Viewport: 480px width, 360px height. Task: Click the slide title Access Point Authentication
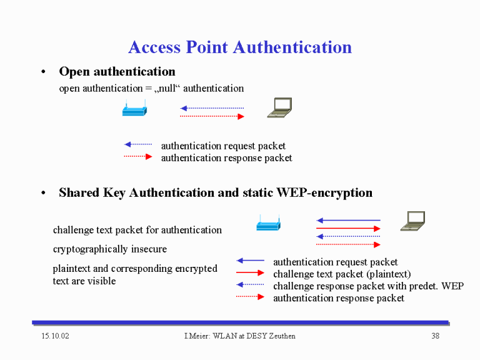pos(240,47)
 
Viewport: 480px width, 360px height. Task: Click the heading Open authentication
pos(117,72)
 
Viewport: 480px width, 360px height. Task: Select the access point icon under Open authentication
pos(135,107)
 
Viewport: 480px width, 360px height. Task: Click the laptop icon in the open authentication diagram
pos(279,107)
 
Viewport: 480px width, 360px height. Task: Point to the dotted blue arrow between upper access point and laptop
pos(212,108)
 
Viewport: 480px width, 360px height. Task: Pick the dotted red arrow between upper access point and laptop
pos(212,116)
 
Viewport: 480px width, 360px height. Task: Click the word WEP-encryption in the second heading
pos(324,193)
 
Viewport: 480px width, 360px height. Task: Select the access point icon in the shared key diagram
pos(269,222)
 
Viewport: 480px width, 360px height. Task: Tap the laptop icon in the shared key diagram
pos(412,221)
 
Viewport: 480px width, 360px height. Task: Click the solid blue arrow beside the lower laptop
pos(348,220)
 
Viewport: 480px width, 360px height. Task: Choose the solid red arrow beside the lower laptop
pos(348,228)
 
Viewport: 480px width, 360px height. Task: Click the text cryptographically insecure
pos(110,249)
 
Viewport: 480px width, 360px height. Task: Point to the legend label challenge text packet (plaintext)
pos(342,274)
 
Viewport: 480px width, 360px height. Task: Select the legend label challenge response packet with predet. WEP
pos(368,286)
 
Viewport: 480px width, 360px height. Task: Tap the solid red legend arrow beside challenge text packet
pos(250,272)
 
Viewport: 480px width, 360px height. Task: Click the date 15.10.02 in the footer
pos(56,336)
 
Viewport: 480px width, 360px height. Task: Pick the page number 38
pos(435,336)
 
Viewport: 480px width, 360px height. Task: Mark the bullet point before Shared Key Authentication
pos(44,193)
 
